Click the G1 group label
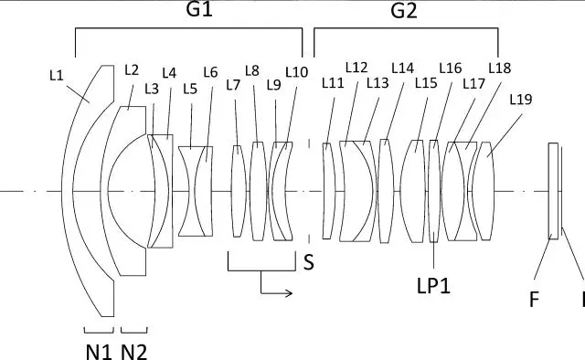click(x=199, y=9)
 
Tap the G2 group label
click(x=404, y=10)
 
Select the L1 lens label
click(x=57, y=76)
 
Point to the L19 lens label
click(x=521, y=100)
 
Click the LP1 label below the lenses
click(x=433, y=286)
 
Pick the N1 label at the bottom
click(x=99, y=352)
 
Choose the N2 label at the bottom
click(x=134, y=352)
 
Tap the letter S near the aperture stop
click(x=309, y=262)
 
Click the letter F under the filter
click(x=534, y=299)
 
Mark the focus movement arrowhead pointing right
click(x=289, y=293)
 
